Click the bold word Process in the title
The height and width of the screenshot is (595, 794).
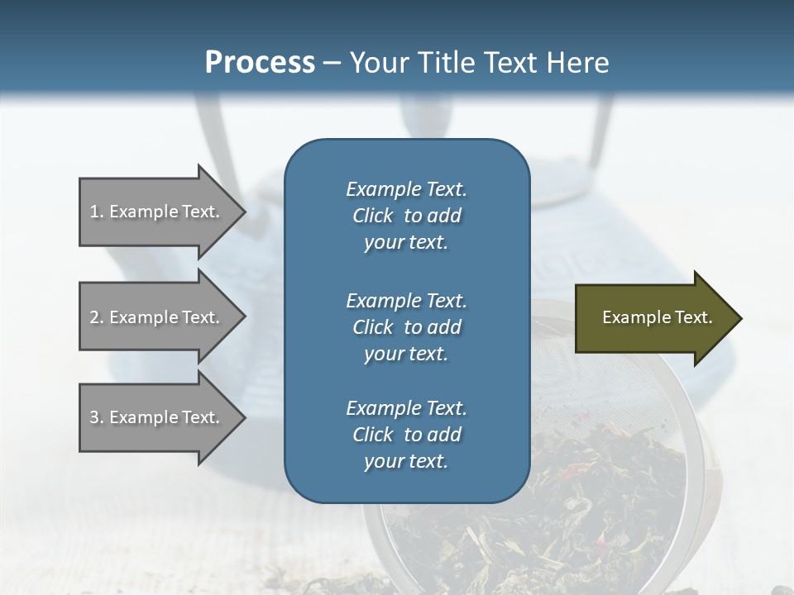pyautogui.click(x=260, y=63)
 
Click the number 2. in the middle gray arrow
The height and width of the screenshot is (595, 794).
pyautogui.click(x=97, y=317)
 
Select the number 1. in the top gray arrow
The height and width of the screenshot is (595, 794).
pyautogui.click(x=96, y=212)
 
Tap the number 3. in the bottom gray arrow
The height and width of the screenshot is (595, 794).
pyautogui.click(x=97, y=417)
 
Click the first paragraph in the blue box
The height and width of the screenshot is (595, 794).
pyautogui.click(x=406, y=216)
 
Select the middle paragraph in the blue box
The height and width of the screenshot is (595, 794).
pyautogui.click(x=406, y=327)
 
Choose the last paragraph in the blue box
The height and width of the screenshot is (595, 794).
pyautogui.click(x=406, y=435)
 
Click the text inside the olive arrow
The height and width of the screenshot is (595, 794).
pyautogui.click(x=657, y=317)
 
